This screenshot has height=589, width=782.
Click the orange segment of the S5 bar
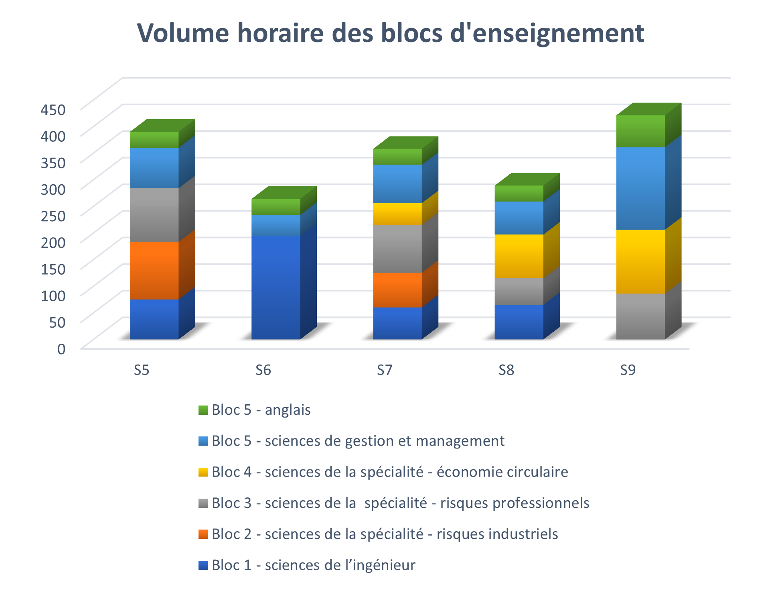[x=154, y=270]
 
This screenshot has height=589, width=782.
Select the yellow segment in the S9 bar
[x=640, y=261]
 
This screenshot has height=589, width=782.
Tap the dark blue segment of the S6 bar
[x=276, y=287]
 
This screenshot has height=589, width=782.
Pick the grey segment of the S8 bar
[x=519, y=291]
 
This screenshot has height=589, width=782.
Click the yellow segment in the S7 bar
[x=397, y=214]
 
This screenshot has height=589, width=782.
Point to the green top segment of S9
[x=640, y=131]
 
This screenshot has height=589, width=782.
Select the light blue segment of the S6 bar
[x=276, y=225]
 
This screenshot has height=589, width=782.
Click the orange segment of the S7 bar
[x=397, y=290]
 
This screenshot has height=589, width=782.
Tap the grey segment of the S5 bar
[x=154, y=215]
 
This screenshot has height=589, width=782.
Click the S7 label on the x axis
[x=385, y=370]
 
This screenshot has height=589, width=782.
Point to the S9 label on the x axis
[x=628, y=370]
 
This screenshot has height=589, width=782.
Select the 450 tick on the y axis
[x=53, y=110]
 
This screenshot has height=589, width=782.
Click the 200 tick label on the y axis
[x=53, y=243]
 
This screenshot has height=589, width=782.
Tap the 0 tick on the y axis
[x=61, y=349]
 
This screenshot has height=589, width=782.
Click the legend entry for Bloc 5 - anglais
[x=261, y=410]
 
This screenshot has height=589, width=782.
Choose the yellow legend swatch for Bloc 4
[x=203, y=472]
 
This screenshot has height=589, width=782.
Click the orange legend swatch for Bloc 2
[x=203, y=534]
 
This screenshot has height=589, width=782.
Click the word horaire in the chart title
[x=280, y=33]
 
